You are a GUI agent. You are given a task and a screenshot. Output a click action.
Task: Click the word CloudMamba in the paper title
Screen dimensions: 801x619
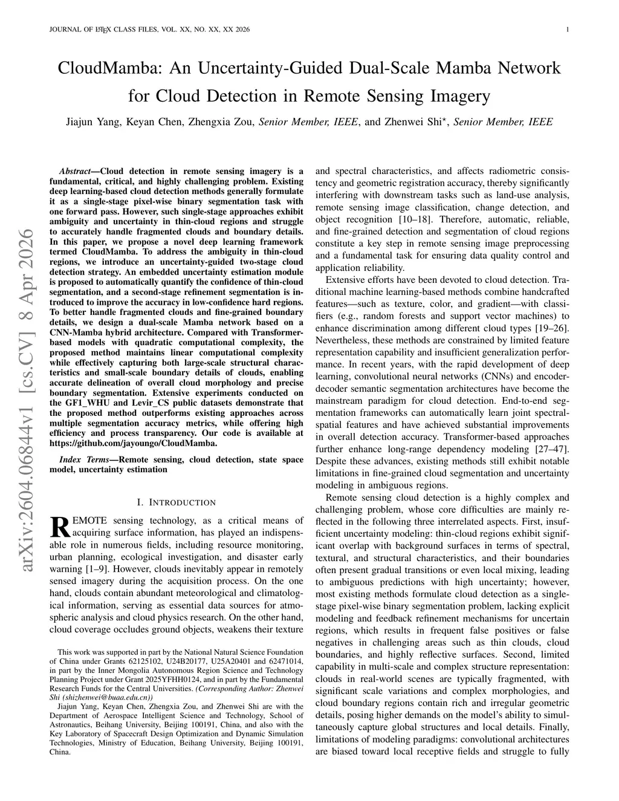tap(109, 68)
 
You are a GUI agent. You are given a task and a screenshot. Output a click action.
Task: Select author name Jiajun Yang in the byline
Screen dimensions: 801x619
tap(92, 122)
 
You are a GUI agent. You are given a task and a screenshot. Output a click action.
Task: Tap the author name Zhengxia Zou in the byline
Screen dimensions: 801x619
tap(219, 122)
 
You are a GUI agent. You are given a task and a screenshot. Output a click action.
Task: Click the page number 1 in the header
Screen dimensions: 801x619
tap(569, 29)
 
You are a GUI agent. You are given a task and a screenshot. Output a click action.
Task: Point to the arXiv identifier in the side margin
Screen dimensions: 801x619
tap(27, 399)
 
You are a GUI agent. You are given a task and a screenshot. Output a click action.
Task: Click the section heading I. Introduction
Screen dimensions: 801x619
tap(176, 502)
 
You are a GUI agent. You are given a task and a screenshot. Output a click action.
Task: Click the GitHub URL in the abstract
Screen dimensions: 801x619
tap(133, 443)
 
